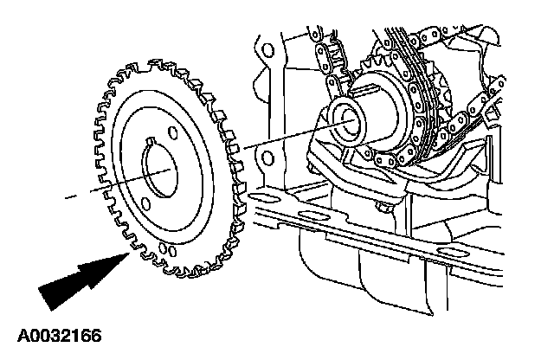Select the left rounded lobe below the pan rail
coord(320,260)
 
